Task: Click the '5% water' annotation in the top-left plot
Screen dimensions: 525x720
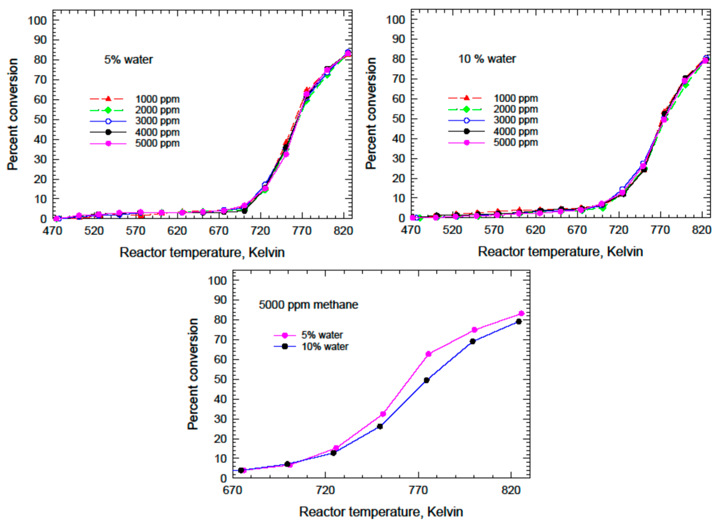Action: tap(129, 60)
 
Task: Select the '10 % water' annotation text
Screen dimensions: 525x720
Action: tap(487, 59)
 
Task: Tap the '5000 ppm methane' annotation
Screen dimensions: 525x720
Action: tap(308, 305)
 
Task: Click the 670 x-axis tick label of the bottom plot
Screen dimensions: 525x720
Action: tap(233, 490)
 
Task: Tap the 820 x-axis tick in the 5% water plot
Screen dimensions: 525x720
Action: tap(343, 230)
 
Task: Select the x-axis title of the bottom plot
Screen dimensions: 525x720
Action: tap(381, 512)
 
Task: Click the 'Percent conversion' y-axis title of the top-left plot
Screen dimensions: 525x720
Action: tap(12, 114)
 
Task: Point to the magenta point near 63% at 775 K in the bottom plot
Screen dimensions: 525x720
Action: tap(428, 354)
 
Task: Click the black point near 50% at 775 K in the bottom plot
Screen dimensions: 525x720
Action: tap(426, 380)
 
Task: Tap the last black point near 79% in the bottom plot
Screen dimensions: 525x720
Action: tap(519, 322)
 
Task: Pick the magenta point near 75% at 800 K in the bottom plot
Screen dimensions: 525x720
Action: tap(475, 330)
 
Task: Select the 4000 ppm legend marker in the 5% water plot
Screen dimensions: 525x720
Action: tap(108, 132)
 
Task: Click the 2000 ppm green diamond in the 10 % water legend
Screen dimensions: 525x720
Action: tap(466, 109)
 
